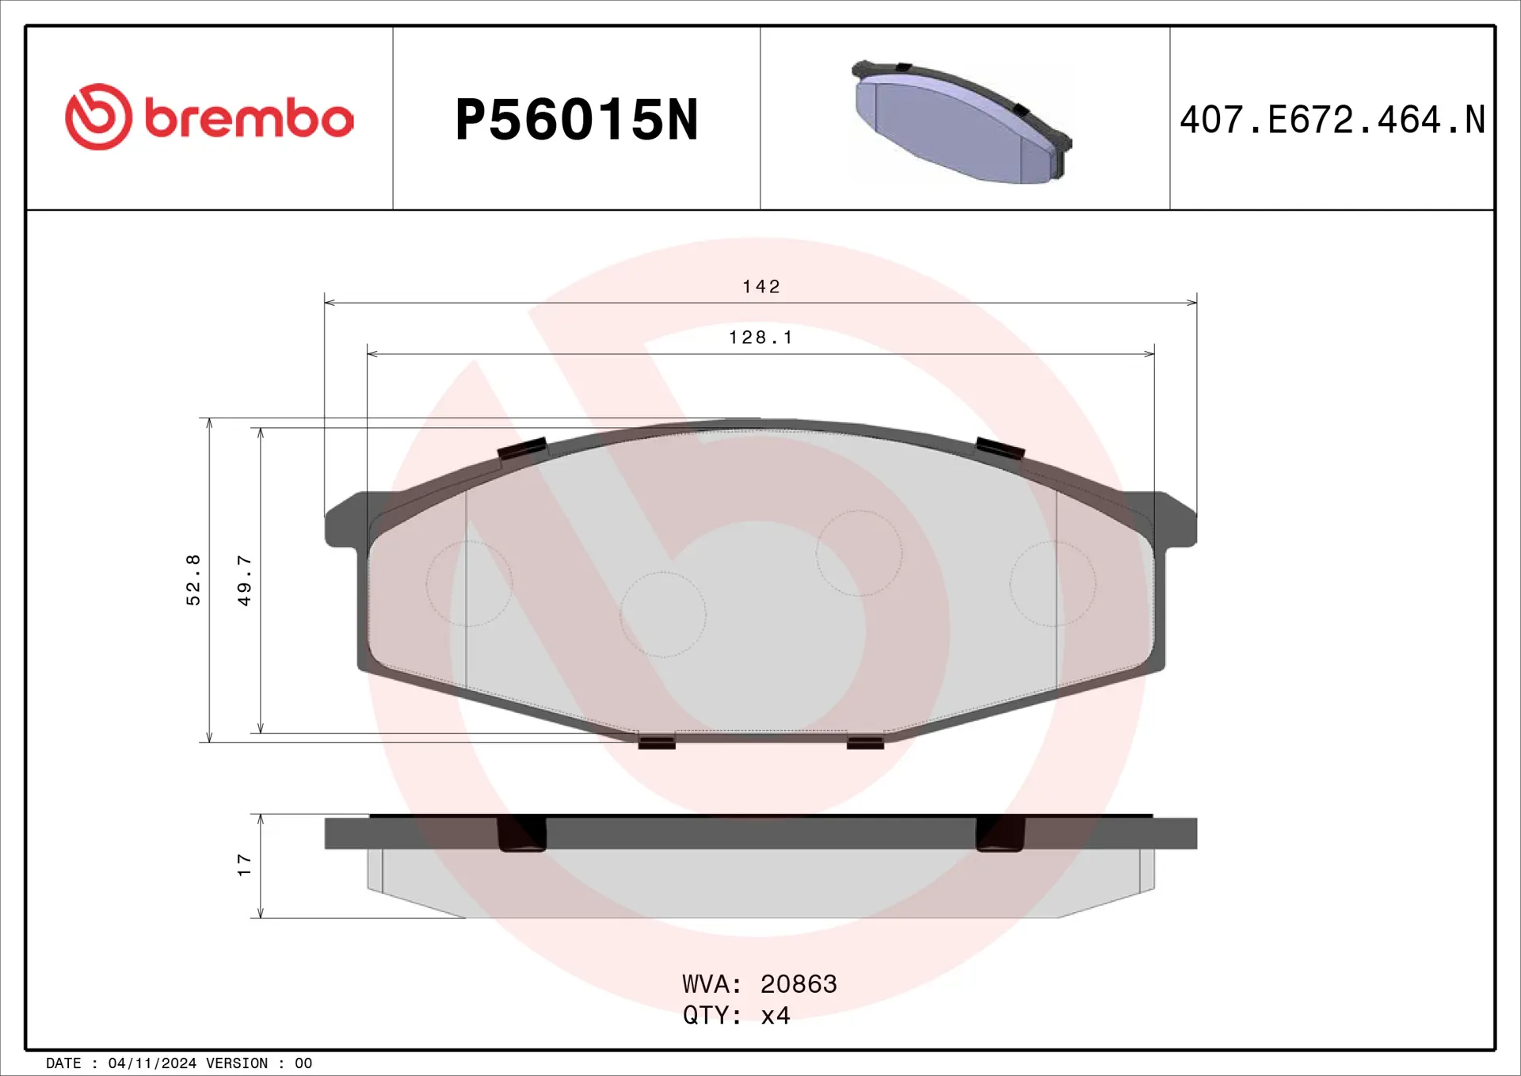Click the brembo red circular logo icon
click(98, 117)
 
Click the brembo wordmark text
click(249, 119)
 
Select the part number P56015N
click(577, 120)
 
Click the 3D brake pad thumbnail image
click(962, 122)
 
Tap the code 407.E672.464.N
click(1332, 120)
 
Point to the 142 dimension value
click(760, 287)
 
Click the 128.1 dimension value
click(760, 338)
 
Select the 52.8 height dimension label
click(193, 580)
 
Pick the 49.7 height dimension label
click(244, 581)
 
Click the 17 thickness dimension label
click(244, 864)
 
